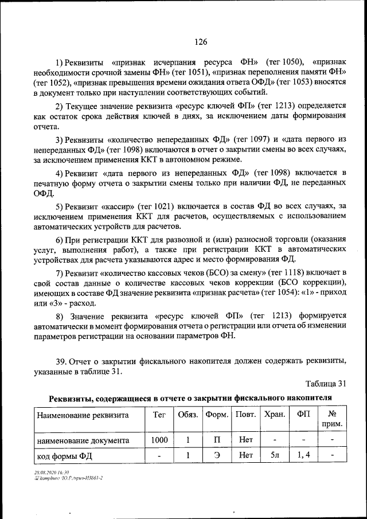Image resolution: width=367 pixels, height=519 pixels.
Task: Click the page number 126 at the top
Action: point(201,42)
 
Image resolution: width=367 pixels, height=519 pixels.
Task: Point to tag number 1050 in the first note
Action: point(286,61)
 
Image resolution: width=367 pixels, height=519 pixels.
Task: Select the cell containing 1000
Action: point(159,440)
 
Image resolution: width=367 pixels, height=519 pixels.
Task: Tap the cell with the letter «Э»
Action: point(217,456)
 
